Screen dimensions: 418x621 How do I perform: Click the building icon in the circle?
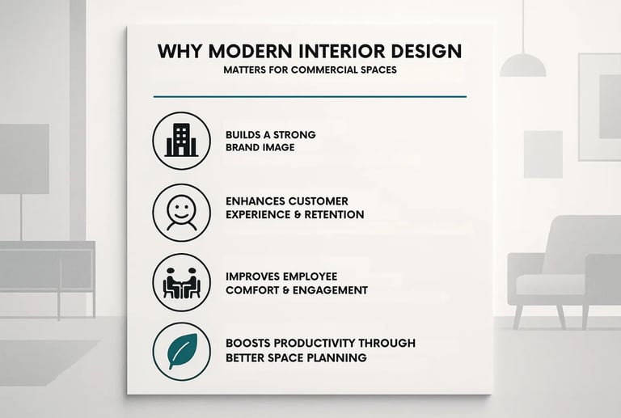(181, 140)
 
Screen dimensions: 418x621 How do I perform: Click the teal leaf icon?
(181, 351)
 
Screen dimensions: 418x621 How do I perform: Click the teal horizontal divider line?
(310, 96)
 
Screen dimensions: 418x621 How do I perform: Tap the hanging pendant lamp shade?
(522, 65)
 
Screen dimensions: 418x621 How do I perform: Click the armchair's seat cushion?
(550, 284)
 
